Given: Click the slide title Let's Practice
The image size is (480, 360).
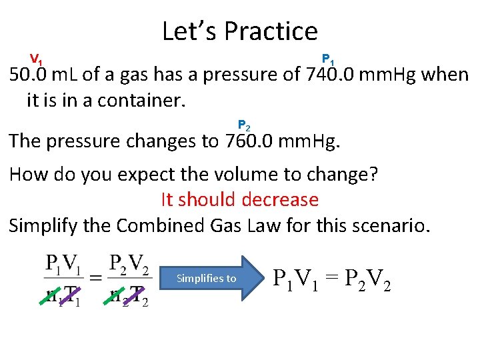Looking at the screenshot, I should click(x=240, y=31).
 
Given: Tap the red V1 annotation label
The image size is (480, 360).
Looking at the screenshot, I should click(x=37, y=59).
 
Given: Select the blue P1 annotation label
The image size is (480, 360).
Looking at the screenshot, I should click(x=329, y=59).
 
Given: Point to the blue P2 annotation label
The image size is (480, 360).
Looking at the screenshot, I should click(x=244, y=125).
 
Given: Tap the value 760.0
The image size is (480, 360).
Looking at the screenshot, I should click(x=245, y=141).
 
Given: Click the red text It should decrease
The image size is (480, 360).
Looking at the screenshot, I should click(x=240, y=199).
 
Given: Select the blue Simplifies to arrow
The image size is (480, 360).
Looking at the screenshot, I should click(x=212, y=278).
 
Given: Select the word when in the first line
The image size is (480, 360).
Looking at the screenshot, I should click(x=447, y=75).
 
